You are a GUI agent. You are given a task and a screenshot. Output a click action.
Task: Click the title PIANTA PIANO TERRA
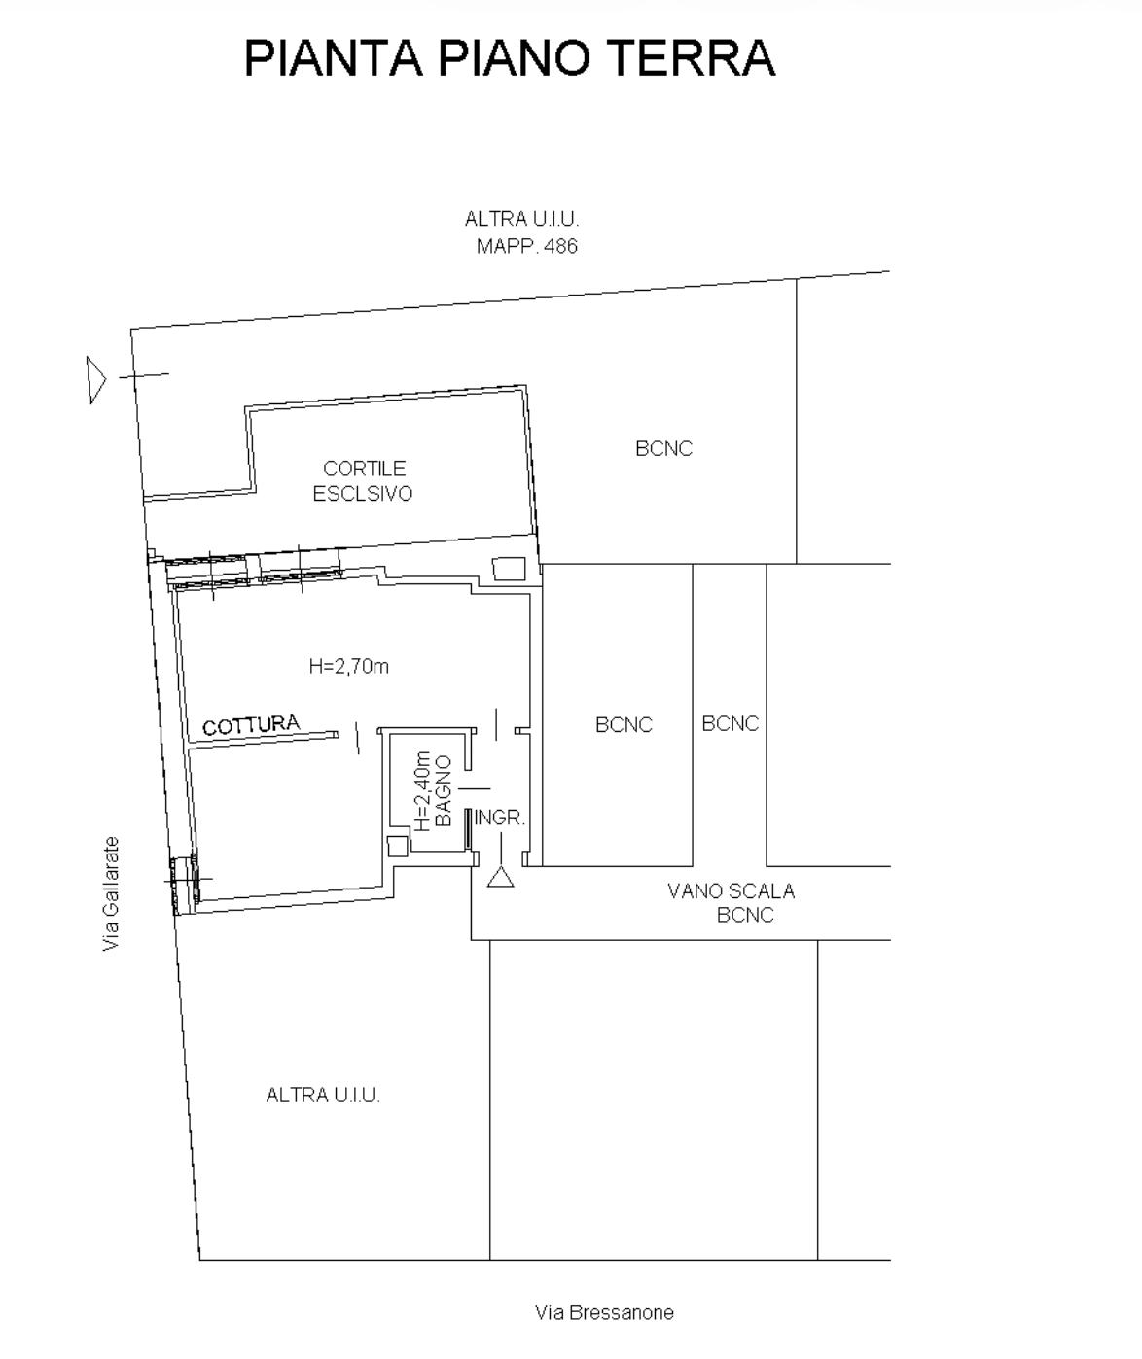tap(510, 58)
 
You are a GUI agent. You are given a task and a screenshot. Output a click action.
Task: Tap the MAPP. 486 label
tap(527, 247)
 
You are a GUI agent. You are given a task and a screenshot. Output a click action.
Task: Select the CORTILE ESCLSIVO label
tap(364, 481)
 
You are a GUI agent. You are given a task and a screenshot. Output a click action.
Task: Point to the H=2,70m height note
tap(349, 667)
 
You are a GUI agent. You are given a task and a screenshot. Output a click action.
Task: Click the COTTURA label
tap(252, 725)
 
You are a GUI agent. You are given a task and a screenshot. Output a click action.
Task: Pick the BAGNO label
tap(443, 790)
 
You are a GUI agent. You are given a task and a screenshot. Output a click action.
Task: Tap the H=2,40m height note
tap(422, 791)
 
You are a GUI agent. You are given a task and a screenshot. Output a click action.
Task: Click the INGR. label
tap(500, 818)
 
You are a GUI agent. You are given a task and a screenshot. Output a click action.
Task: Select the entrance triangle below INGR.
tap(501, 879)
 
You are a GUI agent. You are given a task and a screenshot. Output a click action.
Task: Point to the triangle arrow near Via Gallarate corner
tap(95, 380)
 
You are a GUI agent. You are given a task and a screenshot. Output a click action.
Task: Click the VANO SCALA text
tap(731, 891)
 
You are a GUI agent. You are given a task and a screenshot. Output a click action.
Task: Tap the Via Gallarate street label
tap(111, 894)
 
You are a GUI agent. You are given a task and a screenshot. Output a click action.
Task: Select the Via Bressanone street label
tap(604, 1312)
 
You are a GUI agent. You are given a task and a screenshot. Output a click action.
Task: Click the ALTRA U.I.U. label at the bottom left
tap(323, 1096)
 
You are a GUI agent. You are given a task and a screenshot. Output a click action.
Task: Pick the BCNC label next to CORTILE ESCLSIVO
tap(663, 448)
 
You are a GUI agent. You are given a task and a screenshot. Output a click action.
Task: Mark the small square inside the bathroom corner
tap(398, 846)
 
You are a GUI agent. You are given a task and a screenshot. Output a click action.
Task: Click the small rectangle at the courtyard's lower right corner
tap(509, 569)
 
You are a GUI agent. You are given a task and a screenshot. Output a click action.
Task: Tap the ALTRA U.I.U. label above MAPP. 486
tap(521, 219)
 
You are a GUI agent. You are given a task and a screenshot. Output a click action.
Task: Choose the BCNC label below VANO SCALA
tap(745, 915)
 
